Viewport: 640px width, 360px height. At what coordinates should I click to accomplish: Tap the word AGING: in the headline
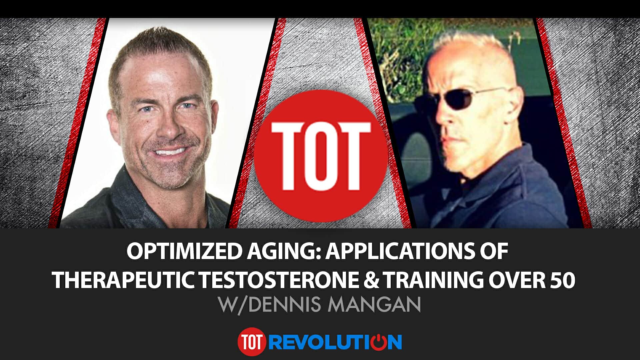click(x=283, y=252)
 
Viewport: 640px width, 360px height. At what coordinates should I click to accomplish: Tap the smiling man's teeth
click(x=170, y=152)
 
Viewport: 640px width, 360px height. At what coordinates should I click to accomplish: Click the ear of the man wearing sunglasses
click(x=515, y=105)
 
